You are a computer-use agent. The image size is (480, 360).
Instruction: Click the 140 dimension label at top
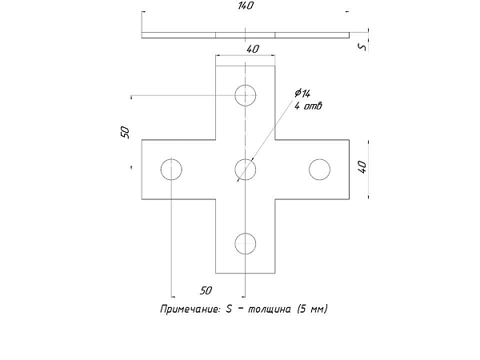point(246,6)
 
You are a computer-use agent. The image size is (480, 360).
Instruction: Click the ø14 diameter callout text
point(302,94)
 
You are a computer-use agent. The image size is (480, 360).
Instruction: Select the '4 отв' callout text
point(308,106)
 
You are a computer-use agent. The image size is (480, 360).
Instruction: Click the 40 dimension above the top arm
point(253,49)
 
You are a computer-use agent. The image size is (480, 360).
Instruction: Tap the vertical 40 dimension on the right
point(362,167)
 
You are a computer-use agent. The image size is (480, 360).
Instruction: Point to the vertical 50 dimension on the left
point(126,132)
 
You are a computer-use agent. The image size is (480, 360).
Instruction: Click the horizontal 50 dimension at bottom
point(206,290)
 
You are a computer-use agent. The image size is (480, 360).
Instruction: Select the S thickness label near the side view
point(362,47)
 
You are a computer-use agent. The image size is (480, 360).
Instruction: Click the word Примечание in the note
point(190,309)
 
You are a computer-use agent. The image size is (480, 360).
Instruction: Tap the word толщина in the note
point(269,310)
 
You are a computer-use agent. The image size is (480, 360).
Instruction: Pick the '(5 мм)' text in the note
point(312,309)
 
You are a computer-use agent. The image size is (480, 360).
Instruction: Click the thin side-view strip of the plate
point(246,35)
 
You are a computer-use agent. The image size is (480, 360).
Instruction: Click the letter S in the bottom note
point(229,309)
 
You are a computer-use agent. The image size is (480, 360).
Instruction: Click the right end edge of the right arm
point(350,170)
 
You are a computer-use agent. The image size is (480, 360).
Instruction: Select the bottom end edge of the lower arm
point(246,273)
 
